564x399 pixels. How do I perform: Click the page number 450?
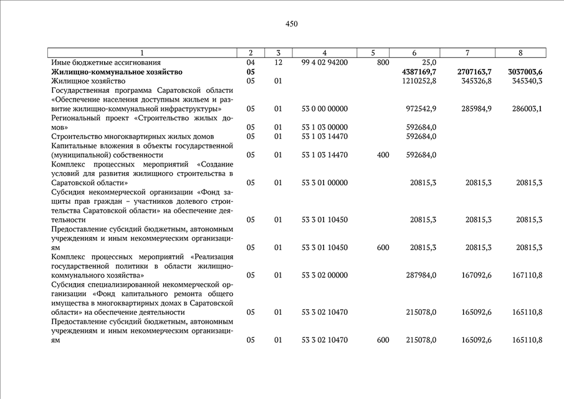point(292,24)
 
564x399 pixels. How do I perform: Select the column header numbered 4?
point(324,53)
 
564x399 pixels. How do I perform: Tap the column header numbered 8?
point(520,53)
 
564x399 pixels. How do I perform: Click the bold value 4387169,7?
point(421,72)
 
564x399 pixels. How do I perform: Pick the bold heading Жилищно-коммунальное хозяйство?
point(117,72)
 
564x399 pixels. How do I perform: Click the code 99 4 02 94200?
point(324,63)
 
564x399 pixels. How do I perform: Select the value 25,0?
point(429,63)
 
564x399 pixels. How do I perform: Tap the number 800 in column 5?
point(383,63)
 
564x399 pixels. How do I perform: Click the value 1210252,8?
point(419,81)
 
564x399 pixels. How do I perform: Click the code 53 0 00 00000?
point(324,109)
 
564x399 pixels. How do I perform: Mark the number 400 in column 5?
point(383,155)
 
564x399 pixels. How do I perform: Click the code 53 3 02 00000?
point(324,275)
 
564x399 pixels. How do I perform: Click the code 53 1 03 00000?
point(324,127)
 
